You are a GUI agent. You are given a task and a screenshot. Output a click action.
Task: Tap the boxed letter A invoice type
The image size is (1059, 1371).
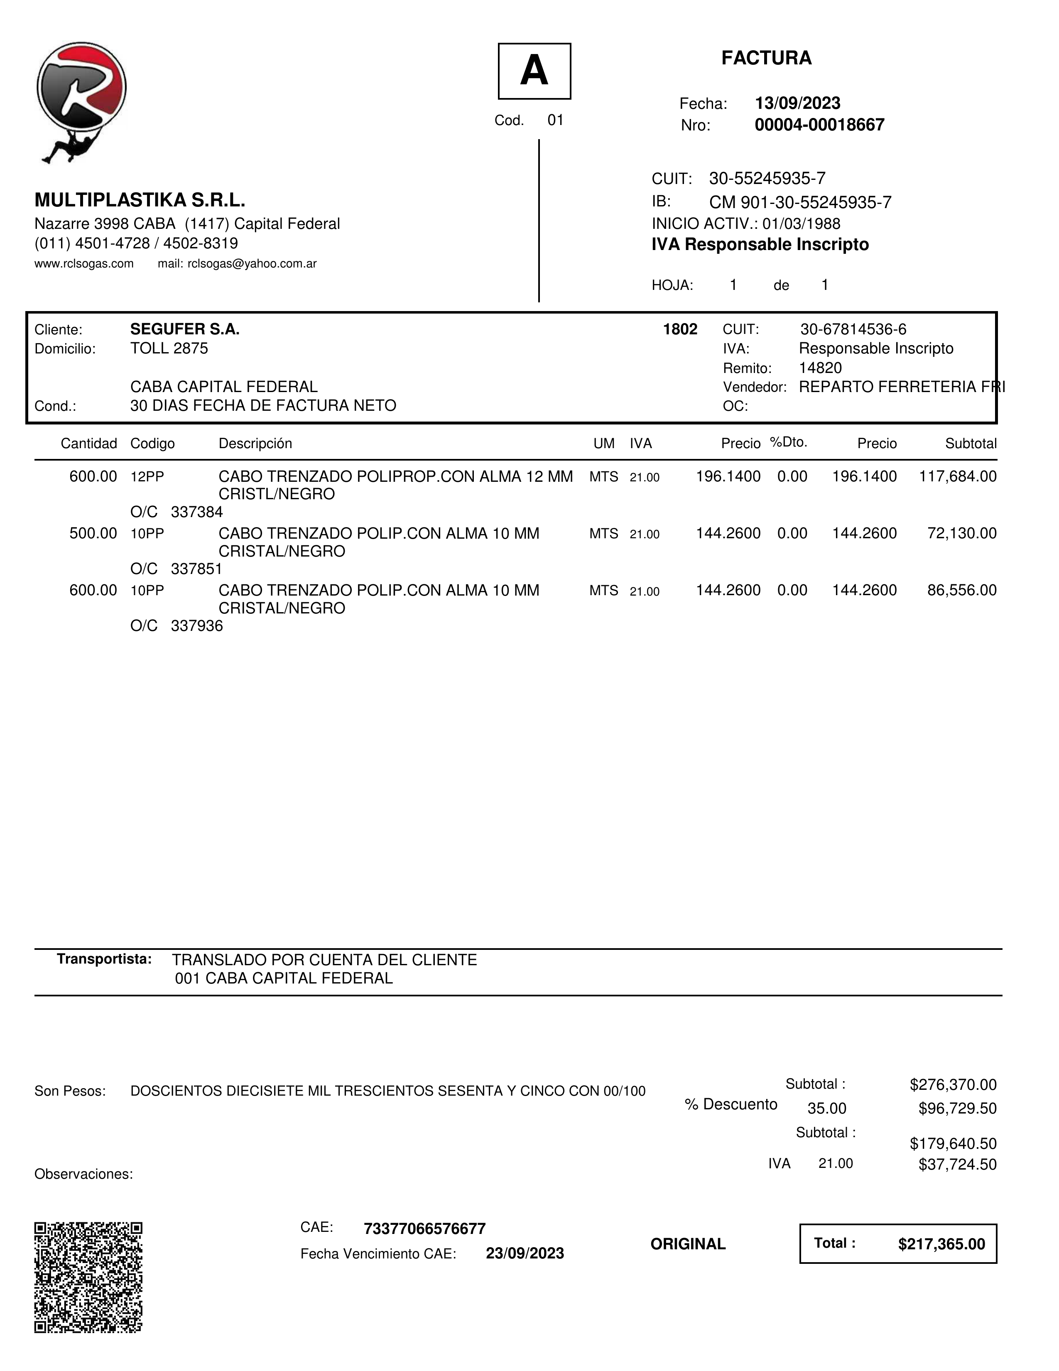point(534,71)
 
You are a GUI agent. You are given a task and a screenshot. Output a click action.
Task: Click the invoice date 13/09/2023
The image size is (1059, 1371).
point(797,103)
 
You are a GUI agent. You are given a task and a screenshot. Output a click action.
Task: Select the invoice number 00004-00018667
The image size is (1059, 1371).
point(819,125)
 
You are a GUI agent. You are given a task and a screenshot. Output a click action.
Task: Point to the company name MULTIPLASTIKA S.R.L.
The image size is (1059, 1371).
point(140,200)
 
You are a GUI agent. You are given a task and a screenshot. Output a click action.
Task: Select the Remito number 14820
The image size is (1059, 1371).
point(820,368)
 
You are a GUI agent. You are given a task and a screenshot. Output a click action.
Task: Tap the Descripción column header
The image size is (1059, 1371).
point(255,444)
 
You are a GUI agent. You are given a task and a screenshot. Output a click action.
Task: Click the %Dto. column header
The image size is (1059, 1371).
point(789,443)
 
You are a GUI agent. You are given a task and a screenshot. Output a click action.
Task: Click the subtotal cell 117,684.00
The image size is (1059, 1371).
point(957,476)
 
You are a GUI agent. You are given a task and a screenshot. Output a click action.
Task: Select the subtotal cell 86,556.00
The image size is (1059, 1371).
point(962,590)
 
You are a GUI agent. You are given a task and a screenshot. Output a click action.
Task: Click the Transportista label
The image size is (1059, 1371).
point(104,959)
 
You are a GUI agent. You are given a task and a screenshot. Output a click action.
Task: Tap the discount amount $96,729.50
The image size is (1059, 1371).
point(957,1109)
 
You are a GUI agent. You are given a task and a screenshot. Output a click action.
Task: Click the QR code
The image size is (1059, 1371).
point(88,1278)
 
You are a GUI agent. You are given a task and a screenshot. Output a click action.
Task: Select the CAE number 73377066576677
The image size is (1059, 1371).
point(424,1229)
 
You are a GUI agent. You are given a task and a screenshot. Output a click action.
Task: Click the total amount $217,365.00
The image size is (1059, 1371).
point(941,1244)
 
